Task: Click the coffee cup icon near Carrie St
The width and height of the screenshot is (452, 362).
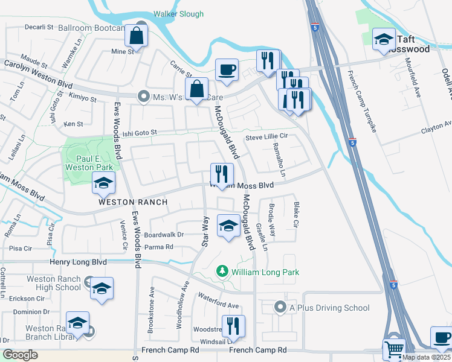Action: click(x=227, y=71)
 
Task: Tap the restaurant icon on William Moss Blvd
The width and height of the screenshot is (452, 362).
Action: click(x=222, y=174)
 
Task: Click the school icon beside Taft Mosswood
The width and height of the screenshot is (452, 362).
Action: click(x=384, y=40)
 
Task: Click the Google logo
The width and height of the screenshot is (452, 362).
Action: click(x=20, y=355)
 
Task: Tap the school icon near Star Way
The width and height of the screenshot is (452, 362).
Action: click(x=228, y=226)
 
